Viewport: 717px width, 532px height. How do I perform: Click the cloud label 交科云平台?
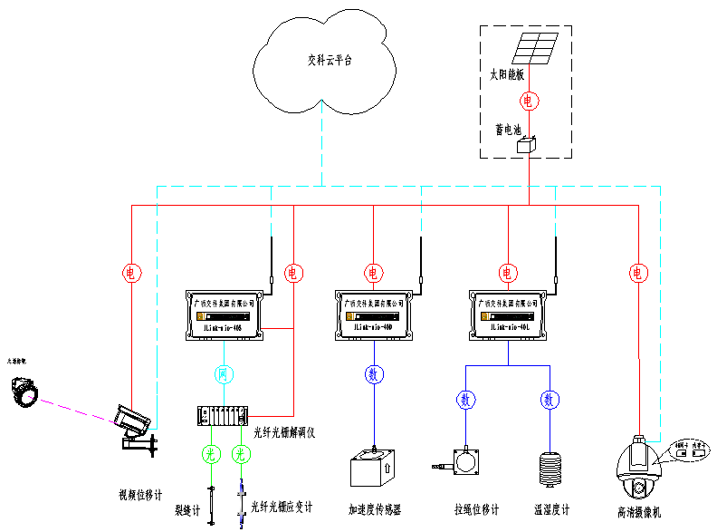tap(330, 61)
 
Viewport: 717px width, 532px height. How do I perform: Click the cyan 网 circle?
tap(224, 373)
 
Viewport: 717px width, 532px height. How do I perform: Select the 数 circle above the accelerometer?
tap(373, 373)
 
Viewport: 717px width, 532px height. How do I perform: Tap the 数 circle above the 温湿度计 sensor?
tap(549, 399)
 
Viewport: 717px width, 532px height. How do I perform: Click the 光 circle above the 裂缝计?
tap(210, 454)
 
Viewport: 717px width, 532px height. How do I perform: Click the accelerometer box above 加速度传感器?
tap(372, 471)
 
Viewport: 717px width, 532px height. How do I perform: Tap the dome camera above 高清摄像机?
tap(641, 469)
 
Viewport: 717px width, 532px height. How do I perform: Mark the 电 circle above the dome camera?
tap(638, 272)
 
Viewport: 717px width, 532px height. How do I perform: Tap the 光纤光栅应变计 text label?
tap(282, 508)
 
